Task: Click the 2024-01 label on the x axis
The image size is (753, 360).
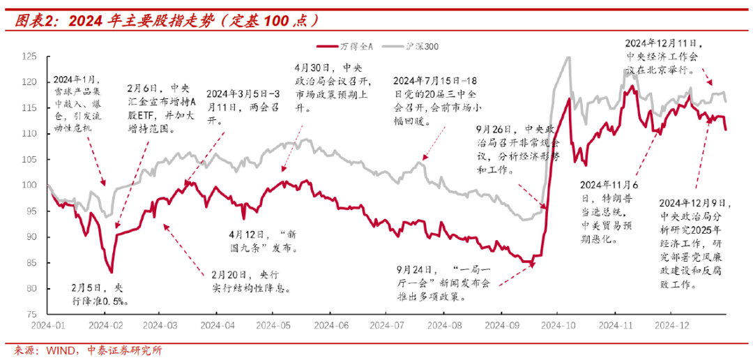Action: tap(47, 325)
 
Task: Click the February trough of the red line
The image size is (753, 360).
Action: tap(111, 272)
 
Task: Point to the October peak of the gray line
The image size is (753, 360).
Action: tap(567, 57)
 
